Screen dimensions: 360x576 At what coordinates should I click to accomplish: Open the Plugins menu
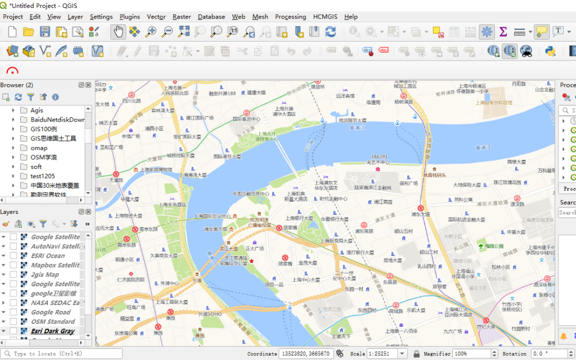[x=130, y=17]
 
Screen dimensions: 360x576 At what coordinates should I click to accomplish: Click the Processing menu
[x=290, y=17]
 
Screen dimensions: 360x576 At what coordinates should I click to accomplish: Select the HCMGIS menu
[x=326, y=17]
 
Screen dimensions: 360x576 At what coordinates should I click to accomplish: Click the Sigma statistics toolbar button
[x=503, y=31]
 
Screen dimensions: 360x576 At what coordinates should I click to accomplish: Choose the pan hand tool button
[x=118, y=31]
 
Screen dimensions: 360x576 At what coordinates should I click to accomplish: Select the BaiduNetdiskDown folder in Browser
[x=57, y=119]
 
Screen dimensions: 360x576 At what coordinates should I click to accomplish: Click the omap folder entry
[x=38, y=148]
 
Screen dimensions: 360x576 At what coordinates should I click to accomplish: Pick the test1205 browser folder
[x=42, y=176]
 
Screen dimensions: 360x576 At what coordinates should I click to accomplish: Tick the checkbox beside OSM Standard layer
[x=13, y=322]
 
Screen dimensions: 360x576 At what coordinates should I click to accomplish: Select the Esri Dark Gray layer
[x=52, y=331]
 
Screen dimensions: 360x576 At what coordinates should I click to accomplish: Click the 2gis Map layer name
[x=45, y=275]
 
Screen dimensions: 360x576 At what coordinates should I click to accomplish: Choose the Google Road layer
[x=50, y=312]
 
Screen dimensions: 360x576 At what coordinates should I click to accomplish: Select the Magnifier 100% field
[x=471, y=354]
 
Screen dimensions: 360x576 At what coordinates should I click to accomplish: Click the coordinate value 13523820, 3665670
[x=306, y=354]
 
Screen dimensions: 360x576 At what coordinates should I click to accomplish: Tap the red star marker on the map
[x=252, y=261]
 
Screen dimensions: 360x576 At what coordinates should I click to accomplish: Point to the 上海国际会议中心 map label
[x=212, y=216]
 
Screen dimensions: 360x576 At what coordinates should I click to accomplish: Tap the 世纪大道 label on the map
[x=486, y=326]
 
